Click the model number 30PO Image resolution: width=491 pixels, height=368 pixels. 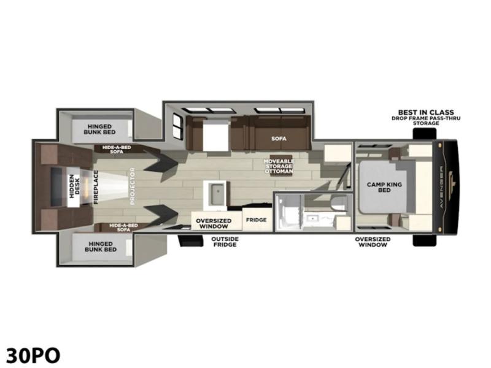[33, 356]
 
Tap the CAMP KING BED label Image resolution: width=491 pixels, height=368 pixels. [384, 187]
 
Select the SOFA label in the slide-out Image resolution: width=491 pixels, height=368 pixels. [279, 139]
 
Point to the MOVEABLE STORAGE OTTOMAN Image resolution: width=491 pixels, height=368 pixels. [279, 166]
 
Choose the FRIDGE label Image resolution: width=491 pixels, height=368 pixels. [256, 220]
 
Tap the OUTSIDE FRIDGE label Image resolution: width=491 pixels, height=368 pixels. [225, 242]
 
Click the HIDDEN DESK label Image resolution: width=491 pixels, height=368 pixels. [74, 186]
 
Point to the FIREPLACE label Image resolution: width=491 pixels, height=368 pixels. [96, 187]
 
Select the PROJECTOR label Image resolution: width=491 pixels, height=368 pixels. [132, 186]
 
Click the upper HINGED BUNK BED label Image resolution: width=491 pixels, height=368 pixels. [99, 129]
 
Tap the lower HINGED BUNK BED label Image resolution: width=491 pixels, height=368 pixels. [101, 247]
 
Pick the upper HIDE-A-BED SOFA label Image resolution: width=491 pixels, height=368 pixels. [117, 150]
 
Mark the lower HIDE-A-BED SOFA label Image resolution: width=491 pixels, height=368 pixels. [123, 228]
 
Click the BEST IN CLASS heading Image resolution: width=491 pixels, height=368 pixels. [426, 112]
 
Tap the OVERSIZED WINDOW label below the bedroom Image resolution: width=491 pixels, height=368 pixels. [373, 242]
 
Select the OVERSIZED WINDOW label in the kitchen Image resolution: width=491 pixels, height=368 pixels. [214, 223]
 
